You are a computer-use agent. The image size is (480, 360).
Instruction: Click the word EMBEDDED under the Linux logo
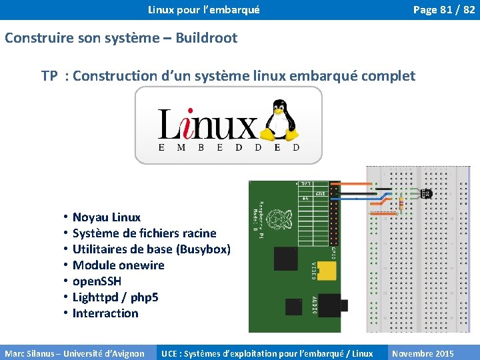pyautogui.click(x=229, y=147)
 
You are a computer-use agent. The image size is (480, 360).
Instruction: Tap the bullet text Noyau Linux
pyautogui.click(x=107, y=217)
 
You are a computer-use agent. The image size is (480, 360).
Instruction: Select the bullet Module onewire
pyautogui.click(x=118, y=265)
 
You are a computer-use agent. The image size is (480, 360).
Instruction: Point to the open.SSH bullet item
pyautogui.click(x=97, y=281)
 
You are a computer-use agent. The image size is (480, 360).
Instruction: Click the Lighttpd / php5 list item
pyautogui.click(x=115, y=297)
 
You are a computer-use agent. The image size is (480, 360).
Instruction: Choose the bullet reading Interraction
pyautogui.click(x=105, y=313)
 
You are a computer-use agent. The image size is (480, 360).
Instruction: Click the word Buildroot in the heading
pyautogui.click(x=206, y=38)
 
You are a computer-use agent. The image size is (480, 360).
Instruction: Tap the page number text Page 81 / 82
pyautogui.click(x=444, y=9)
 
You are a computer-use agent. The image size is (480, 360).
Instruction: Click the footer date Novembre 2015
pyautogui.click(x=423, y=353)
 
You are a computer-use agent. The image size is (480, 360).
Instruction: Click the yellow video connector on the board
pyautogui.click(x=327, y=270)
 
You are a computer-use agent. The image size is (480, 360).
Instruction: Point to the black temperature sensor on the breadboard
pyautogui.click(x=426, y=193)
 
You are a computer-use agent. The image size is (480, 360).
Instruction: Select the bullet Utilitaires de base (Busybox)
pyautogui.click(x=151, y=249)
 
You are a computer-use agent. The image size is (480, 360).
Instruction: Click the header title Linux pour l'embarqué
pyautogui.click(x=203, y=9)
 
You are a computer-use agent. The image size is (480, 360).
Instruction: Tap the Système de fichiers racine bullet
pyautogui.click(x=144, y=233)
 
